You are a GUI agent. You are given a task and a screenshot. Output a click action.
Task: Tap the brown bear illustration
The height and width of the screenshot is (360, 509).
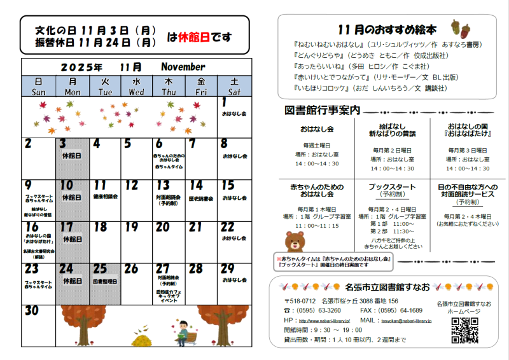click(294, 242)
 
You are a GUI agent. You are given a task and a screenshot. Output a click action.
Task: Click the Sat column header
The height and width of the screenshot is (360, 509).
click(234, 87)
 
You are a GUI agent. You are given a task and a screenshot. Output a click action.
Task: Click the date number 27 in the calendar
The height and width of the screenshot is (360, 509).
click(162, 269)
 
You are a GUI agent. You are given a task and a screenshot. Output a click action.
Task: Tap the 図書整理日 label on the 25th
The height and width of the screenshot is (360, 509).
click(104, 280)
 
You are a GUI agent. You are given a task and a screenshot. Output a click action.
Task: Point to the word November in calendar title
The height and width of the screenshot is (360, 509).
click(183, 67)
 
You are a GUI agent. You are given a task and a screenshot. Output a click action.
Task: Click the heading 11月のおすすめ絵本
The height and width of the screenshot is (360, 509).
click(387, 29)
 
